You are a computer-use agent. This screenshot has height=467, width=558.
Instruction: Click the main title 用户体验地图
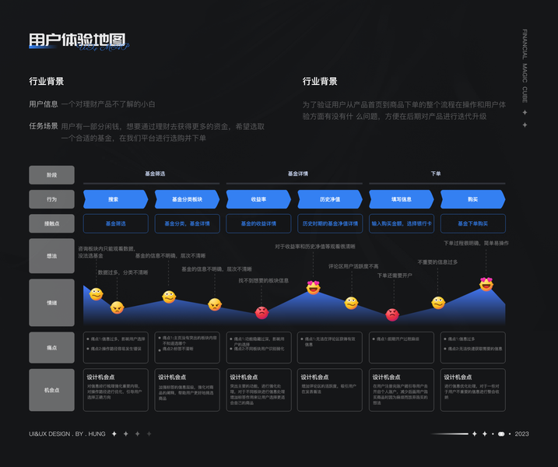click(x=76, y=40)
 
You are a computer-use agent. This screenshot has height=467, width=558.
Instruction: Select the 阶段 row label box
click(x=51, y=174)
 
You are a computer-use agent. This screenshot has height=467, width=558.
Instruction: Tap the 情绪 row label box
click(x=51, y=302)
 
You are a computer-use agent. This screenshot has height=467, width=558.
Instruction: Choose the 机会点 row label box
click(x=51, y=389)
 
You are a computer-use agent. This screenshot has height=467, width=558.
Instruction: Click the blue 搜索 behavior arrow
click(x=114, y=199)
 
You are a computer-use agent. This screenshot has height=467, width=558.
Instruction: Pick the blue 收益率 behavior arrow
click(x=258, y=199)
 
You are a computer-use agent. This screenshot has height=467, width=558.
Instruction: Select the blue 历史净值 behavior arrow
click(x=330, y=199)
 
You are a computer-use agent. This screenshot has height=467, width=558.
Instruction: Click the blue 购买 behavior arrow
click(x=472, y=199)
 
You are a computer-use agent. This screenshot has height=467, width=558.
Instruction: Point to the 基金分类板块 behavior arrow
click(x=187, y=199)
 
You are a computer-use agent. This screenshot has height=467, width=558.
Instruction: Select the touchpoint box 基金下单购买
click(x=472, y=223)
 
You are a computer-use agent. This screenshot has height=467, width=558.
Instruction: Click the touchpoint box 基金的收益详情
click(x=258, y=223)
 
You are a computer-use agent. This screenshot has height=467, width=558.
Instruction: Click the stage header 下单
click(x=436, y=174)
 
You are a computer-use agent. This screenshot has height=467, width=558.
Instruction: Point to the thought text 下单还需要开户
click(x=395, y=275)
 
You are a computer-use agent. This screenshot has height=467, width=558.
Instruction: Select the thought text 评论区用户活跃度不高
click(x=353, y=265)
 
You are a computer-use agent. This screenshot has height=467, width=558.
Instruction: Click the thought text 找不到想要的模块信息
click(x=263, y=280)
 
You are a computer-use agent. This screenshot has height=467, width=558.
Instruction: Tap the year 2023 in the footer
click(x=521, y=434)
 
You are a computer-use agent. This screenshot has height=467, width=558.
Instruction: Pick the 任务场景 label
click(x=44, y=125)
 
